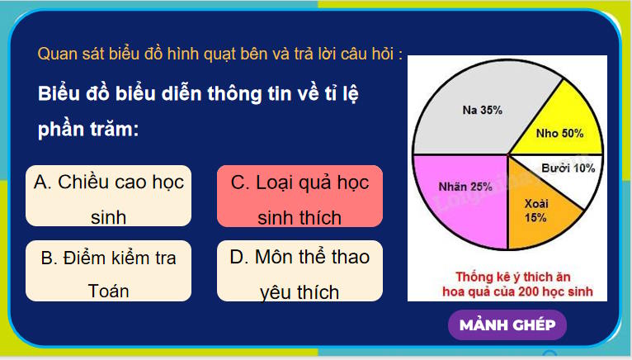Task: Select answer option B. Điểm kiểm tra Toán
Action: [108, 272]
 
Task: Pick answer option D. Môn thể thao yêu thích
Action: [299, 272]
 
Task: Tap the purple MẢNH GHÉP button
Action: [507, 324]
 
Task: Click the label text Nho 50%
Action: [559, 132]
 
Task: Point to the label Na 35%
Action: [483, 109]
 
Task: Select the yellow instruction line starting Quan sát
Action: [219, 54]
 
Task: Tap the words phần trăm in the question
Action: [87, 130]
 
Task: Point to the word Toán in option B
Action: [108, 291]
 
